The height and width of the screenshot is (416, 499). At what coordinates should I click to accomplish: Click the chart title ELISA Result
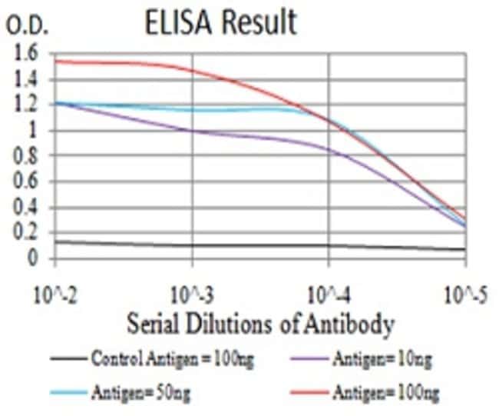pyautogui.click(x=220, y=22)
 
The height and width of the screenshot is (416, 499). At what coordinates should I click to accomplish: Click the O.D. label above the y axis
pyautogui.click(x=28, y=28)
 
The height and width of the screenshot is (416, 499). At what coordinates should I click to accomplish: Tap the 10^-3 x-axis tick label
pyautogui.click(x=191, y=293)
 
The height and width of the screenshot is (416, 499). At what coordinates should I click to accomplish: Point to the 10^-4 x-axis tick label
pyautogui.click(x=329, y=293)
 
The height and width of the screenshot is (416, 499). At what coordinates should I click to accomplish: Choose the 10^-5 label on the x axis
pyautogui.click(x=465, y=293)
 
